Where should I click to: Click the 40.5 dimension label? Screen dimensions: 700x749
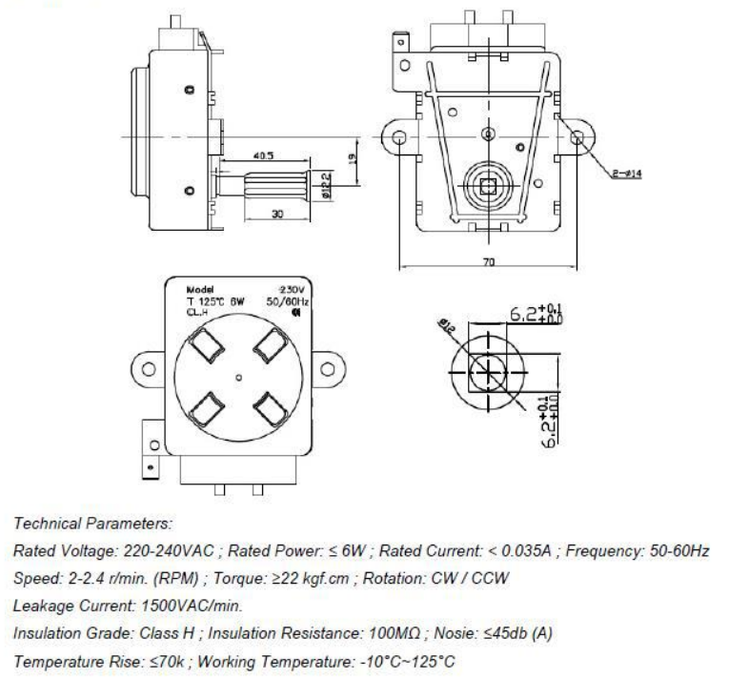(265, 154)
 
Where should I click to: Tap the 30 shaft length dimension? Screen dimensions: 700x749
(276, 214)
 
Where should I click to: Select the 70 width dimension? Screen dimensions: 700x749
(487, 261)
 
